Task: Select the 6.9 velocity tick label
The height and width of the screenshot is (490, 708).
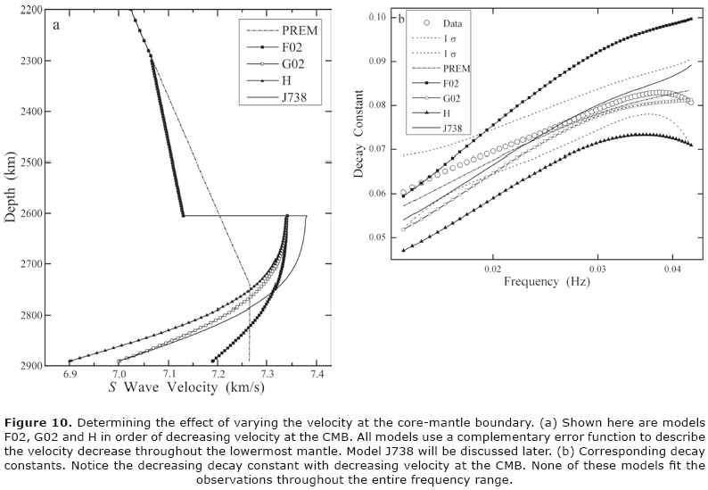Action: point(69,373)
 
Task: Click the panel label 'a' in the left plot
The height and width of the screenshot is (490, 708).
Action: point(57,24)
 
